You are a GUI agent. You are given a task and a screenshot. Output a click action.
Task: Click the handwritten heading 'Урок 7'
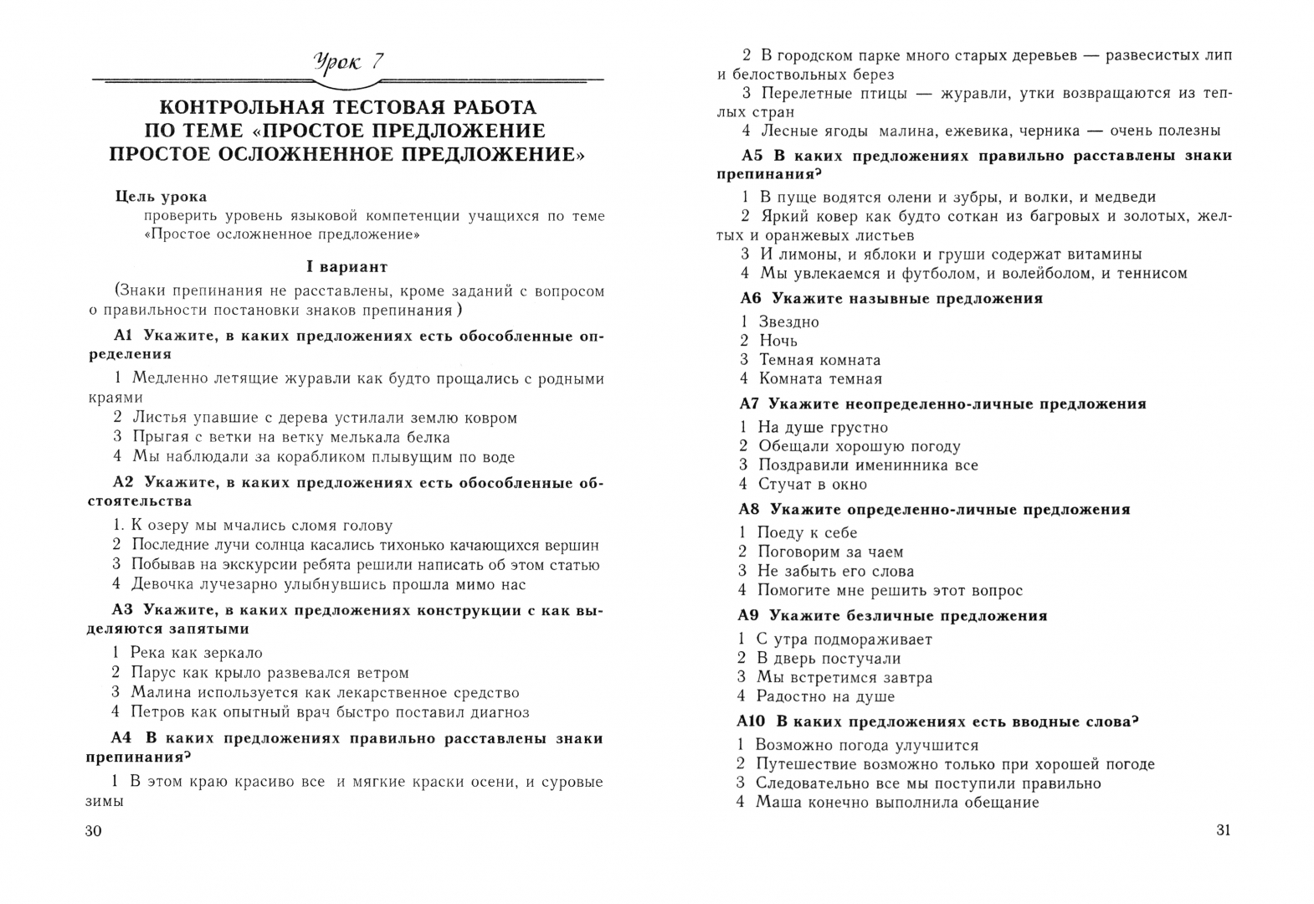pos(348,61)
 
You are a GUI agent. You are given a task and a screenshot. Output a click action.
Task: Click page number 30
pos(93,831)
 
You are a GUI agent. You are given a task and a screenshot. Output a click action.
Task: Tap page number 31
pos(1223,830)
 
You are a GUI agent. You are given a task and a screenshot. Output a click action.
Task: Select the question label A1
pos(124,336)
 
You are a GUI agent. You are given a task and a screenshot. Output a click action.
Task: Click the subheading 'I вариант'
pos(346,267)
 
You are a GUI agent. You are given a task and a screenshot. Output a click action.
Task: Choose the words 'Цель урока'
pos(161,197)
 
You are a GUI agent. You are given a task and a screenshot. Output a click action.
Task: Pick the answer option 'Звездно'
pos(788,322)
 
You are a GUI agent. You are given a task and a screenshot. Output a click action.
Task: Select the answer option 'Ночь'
pos(778,341)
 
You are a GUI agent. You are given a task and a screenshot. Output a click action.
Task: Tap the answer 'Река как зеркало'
pos(197,653)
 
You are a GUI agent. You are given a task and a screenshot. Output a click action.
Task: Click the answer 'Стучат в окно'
pos(812,484)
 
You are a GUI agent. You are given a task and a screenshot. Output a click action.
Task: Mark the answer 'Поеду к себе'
pos(807,532)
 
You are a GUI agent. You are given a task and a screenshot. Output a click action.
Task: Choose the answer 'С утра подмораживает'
pos(844,639)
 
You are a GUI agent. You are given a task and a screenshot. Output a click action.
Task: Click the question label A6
pos(752,298)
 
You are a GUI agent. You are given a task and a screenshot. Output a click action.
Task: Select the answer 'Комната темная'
pos(820,379)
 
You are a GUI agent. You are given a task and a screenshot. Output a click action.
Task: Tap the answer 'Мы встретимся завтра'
pos(844,677)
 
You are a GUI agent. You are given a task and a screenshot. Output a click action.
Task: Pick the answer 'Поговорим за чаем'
pos(829,552)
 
